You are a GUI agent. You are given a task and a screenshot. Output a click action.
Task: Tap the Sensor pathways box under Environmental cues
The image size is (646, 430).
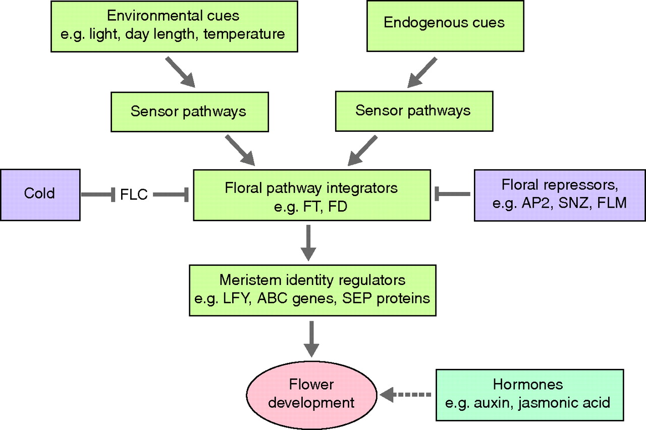coord(188,111)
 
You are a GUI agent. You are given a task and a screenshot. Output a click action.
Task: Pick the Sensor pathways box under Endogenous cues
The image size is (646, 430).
coord(413,111)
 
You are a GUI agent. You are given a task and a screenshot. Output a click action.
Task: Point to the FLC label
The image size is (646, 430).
coord(134,195)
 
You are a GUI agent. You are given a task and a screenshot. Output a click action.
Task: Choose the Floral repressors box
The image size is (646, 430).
coord(559,195)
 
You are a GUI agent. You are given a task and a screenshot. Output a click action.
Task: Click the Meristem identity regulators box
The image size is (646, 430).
coord(312,290)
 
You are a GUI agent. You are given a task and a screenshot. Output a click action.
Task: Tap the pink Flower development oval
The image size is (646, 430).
coord(311,394)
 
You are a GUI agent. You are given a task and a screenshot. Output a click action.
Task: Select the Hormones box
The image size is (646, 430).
coord(528,394)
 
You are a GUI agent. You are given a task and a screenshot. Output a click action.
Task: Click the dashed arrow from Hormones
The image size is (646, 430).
coord(407,394)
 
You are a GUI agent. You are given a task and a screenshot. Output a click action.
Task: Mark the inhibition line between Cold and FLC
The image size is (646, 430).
coord(98,195)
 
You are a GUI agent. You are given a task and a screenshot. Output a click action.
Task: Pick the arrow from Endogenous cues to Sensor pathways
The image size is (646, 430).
coord(422,72)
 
